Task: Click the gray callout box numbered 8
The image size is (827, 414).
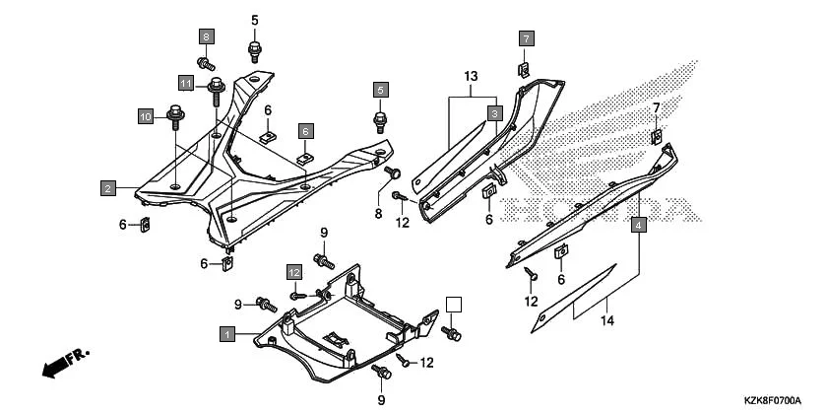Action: tap(206, 37)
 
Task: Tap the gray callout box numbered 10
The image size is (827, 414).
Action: tap(145, 116)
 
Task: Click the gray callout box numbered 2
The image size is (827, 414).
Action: tap(106, 185)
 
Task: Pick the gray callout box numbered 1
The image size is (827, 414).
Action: tap(227, 335)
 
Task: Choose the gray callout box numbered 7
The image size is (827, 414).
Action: tap(526, 38)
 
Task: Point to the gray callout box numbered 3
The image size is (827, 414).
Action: tap(495, 113)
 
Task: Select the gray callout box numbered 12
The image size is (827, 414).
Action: tap(293, 271)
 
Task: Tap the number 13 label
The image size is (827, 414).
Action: tap(471, 77)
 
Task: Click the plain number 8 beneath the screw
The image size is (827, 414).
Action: tap(377, 214)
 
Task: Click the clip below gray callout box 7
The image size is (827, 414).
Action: tap(526, 70)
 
